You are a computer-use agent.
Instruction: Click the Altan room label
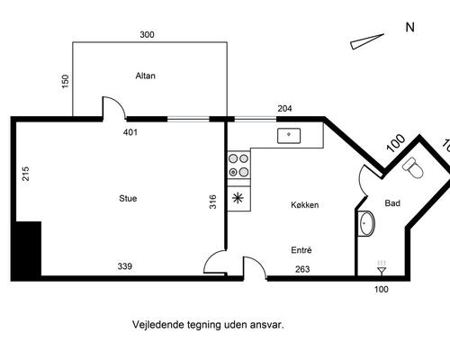[145, 76]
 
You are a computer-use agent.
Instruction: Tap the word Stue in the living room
[128, 198]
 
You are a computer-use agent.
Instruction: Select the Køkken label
[305, 205]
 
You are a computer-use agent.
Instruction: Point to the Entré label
[301, 250]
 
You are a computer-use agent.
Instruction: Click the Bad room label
[392, 203]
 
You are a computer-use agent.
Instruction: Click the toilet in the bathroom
[413, 167]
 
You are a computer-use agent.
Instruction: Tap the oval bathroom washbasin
[366, 223]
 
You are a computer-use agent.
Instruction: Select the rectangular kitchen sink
[289, 136]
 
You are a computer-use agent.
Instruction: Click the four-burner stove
[238, 166]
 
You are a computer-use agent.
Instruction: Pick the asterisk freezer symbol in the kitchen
[238, 198]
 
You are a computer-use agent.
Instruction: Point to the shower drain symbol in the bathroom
[382, 267]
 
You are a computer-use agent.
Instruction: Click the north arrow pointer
[367, 41]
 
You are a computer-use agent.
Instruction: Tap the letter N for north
[409, 27]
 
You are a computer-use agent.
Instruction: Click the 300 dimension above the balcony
[147, 35]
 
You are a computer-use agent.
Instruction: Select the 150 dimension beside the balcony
[65, 81]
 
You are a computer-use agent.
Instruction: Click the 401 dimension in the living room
[130, 132]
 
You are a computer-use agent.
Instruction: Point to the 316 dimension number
[212, 202]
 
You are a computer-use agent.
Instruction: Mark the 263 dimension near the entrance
[302, 269]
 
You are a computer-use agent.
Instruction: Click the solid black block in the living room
[28, 248]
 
